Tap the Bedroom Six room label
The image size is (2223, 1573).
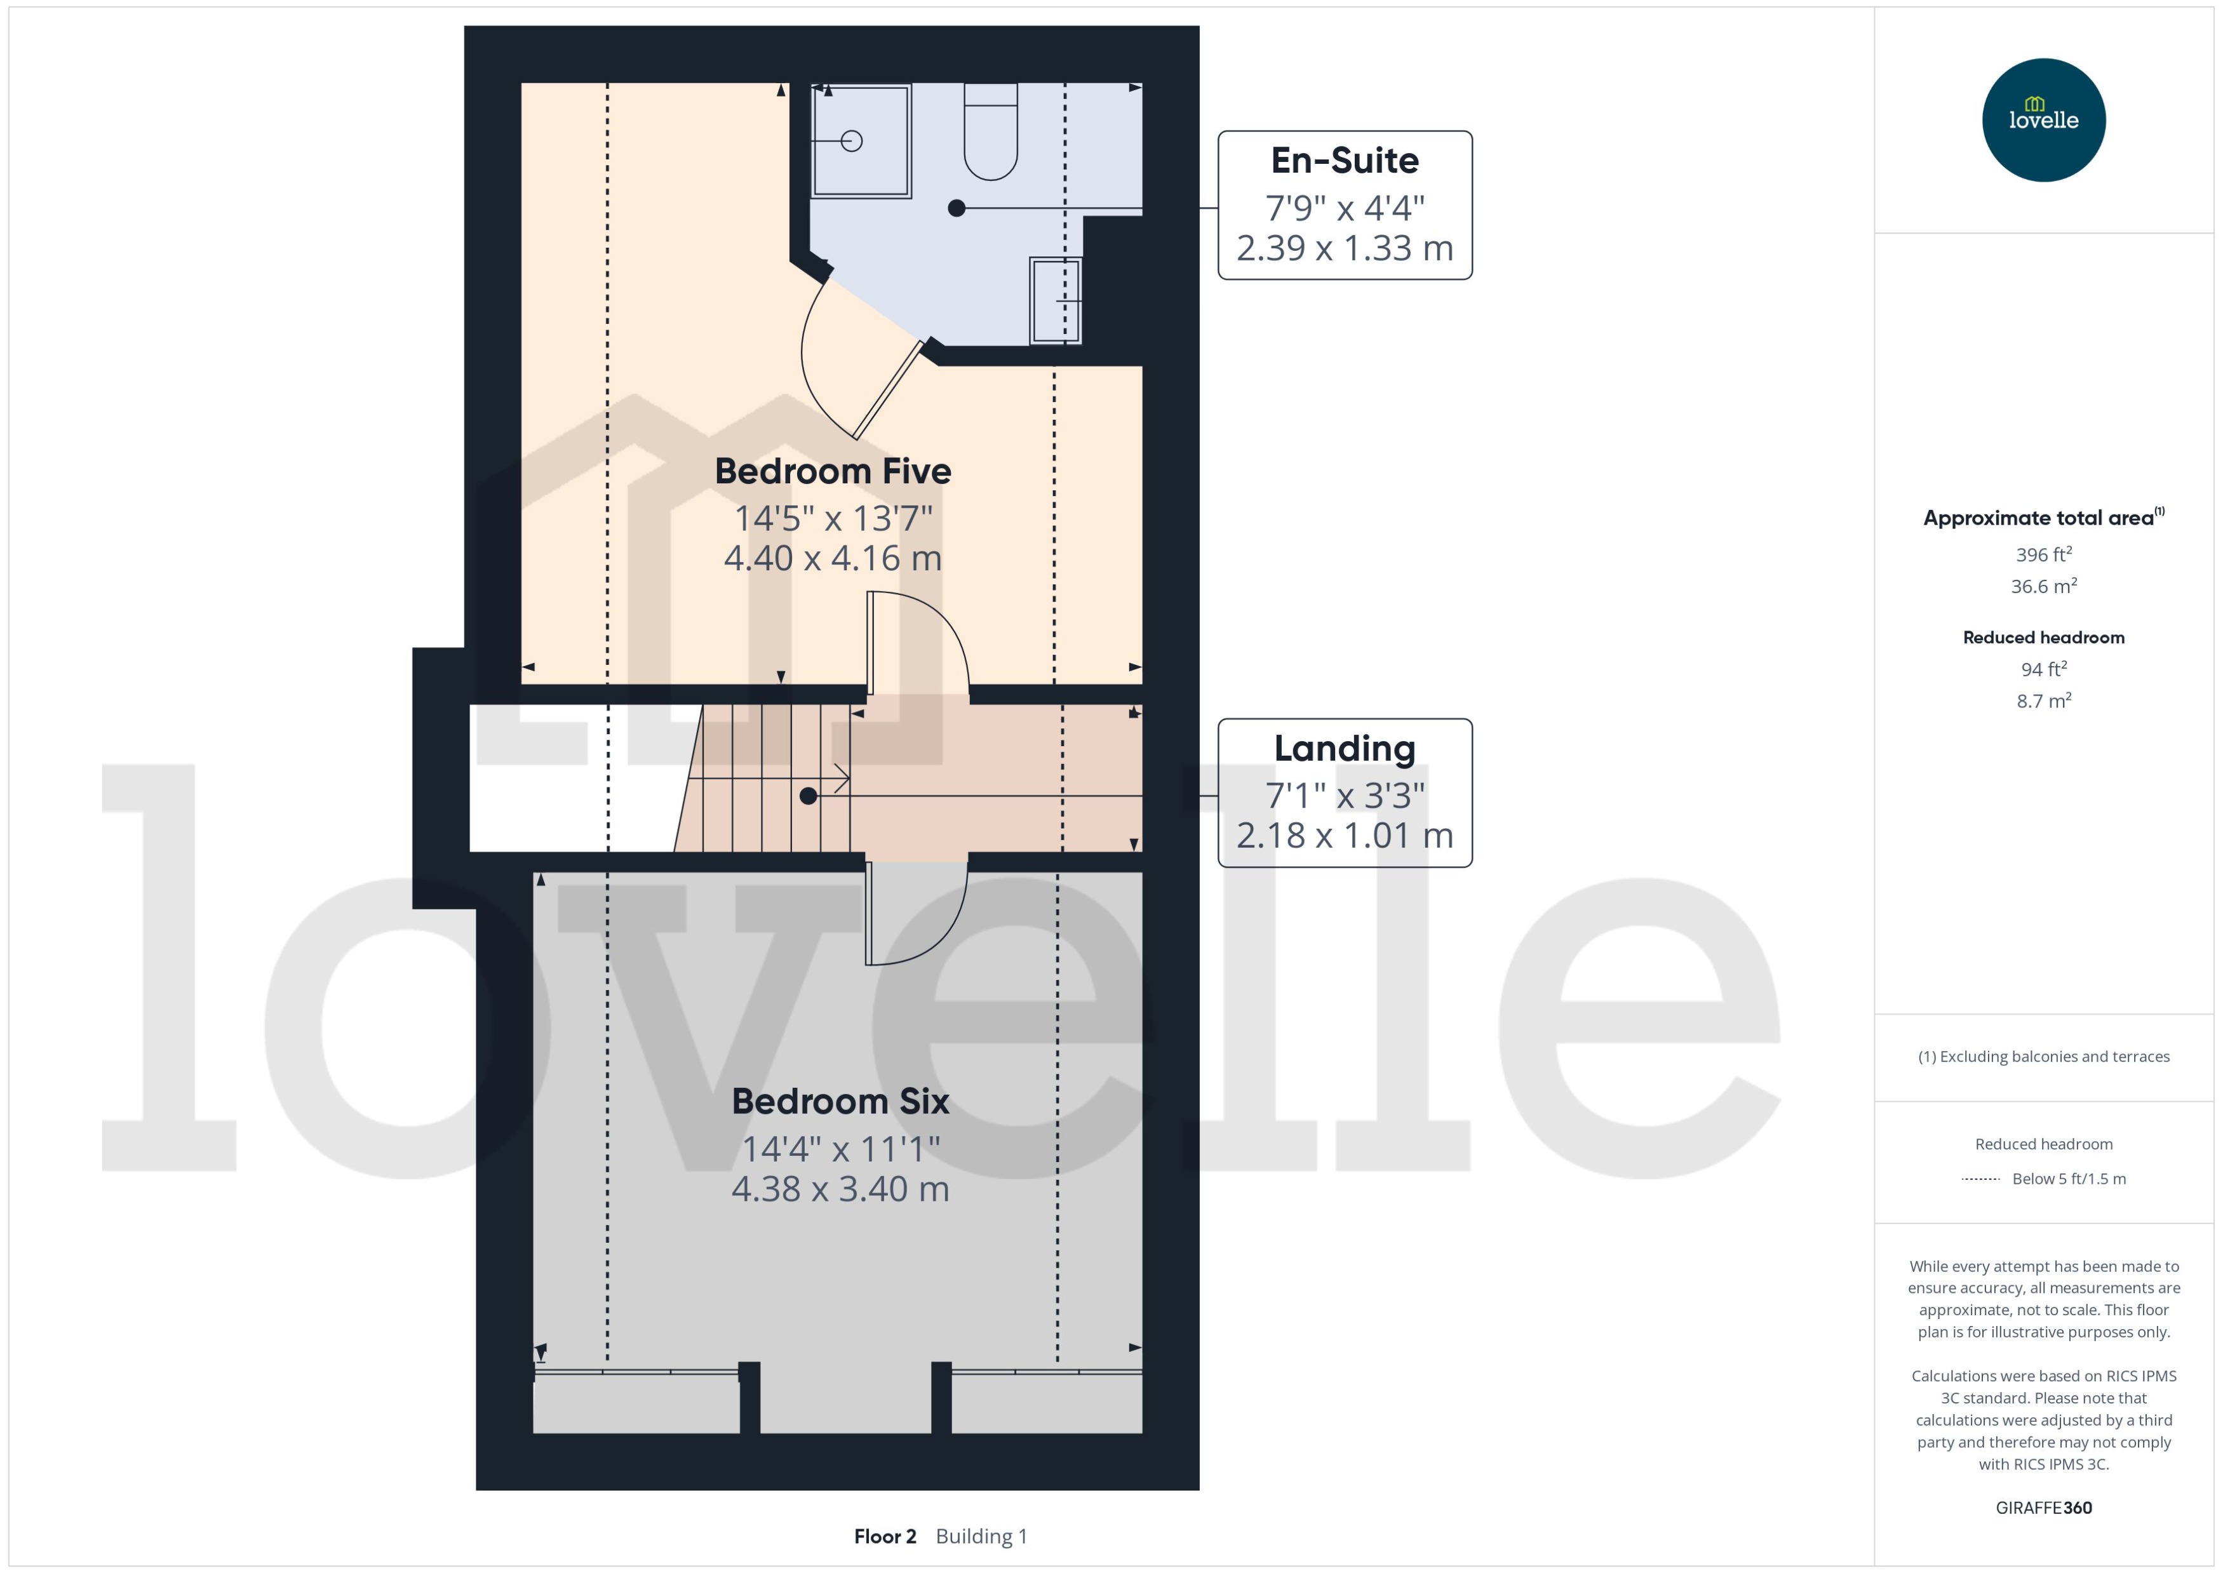tap(840, 1101)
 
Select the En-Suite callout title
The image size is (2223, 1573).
tap(1345, 161)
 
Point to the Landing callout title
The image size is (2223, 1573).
tap(1345, 749)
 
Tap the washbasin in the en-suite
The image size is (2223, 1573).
tap(1055, 300)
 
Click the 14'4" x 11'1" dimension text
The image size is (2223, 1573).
tap(840, 1149)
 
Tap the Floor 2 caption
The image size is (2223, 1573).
tap(884, 1536)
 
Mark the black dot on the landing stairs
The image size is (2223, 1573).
tap(808, 796)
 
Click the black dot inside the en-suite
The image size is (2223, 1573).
tap(956, 208)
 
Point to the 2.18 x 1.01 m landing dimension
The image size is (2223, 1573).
tap(1345, 836)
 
